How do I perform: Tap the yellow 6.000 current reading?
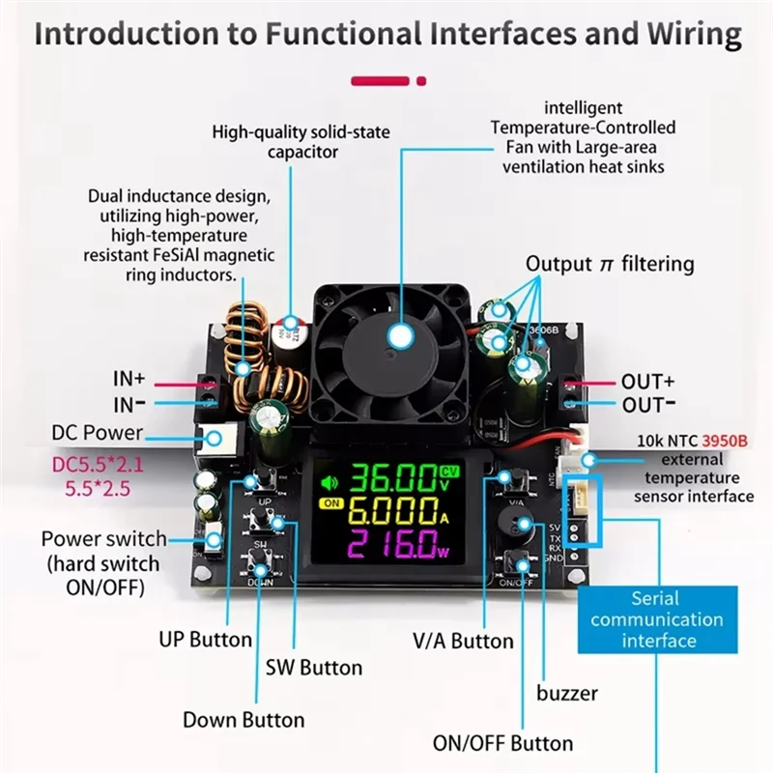[391, 511]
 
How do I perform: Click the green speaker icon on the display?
[331, 480]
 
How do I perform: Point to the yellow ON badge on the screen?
[331, 504]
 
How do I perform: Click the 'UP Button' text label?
[205, 639]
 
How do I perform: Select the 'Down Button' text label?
[243, 720]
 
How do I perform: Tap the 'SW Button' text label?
[314, 668]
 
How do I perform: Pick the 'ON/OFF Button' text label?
[501, 743]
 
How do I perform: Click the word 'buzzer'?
[567, 693]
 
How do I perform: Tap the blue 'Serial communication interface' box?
[657, 619]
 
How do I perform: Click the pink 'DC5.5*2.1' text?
[98, 466]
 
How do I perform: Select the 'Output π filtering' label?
[610, 264]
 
